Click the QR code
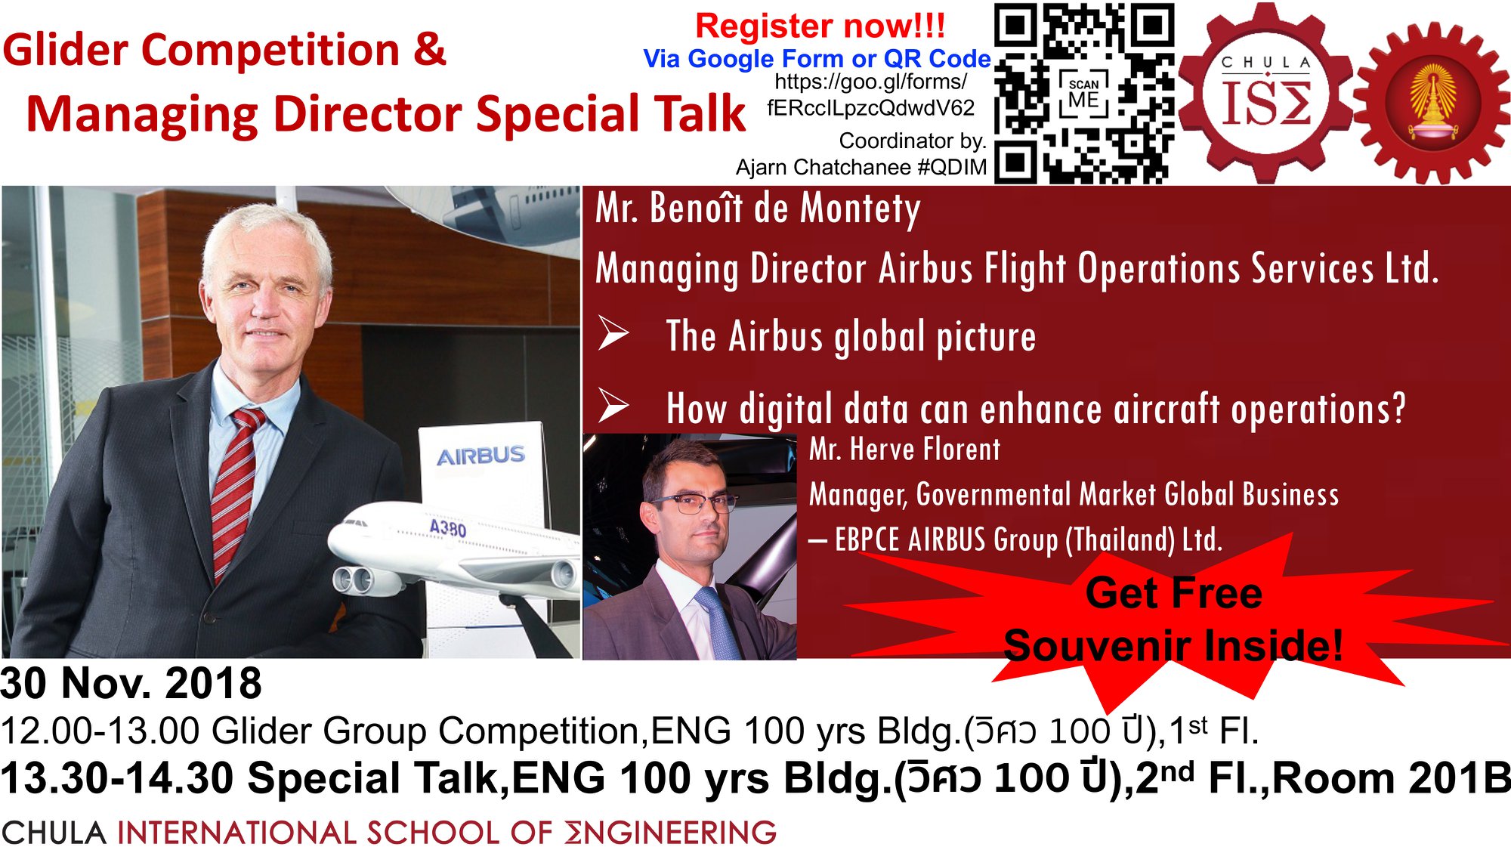[1084, 93]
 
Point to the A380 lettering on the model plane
[447, 527]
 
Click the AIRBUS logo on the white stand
[480, 456]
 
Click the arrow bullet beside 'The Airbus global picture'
[613, 334]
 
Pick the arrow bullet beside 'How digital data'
[613, 405]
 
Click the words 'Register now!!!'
[820, 26]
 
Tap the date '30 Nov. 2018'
[131, 683]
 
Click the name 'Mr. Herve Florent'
[904, 450]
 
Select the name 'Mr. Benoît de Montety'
[758, 208]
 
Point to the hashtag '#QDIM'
[952, 167]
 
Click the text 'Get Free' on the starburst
[1173, 592]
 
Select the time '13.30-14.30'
[117, 778]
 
